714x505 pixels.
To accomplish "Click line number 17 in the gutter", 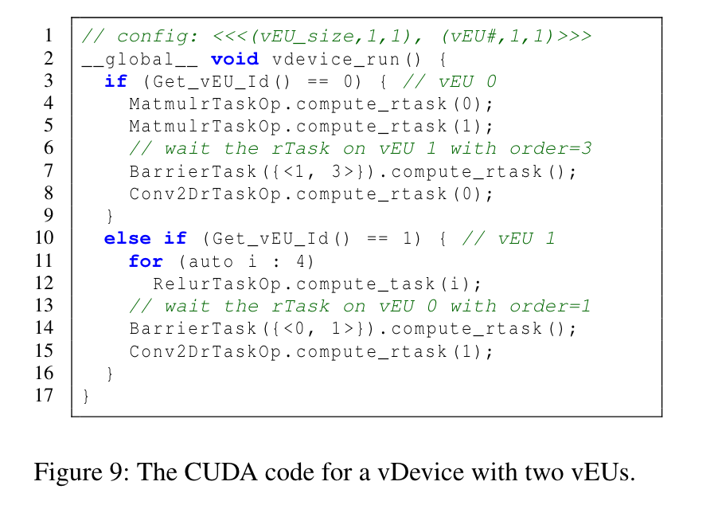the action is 44,395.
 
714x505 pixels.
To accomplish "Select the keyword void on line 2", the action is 235,59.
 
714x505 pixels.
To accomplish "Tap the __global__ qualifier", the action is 140,60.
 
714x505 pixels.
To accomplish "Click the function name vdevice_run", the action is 336,59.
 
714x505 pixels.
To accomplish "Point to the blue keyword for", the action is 146,261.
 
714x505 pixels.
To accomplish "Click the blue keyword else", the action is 127,238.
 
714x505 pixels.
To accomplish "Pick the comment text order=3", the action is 551,148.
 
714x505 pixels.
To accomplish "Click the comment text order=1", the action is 550,306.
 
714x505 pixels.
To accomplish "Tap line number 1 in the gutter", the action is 49,35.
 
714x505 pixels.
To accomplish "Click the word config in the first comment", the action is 153,36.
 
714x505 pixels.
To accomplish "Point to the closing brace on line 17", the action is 86,396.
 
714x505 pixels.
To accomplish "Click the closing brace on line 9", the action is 110,216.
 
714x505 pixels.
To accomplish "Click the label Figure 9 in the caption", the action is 78,472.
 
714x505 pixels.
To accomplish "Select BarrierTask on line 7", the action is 193,171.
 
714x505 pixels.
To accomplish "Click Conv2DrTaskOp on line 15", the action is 205,352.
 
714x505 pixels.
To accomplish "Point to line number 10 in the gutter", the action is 44,237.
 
